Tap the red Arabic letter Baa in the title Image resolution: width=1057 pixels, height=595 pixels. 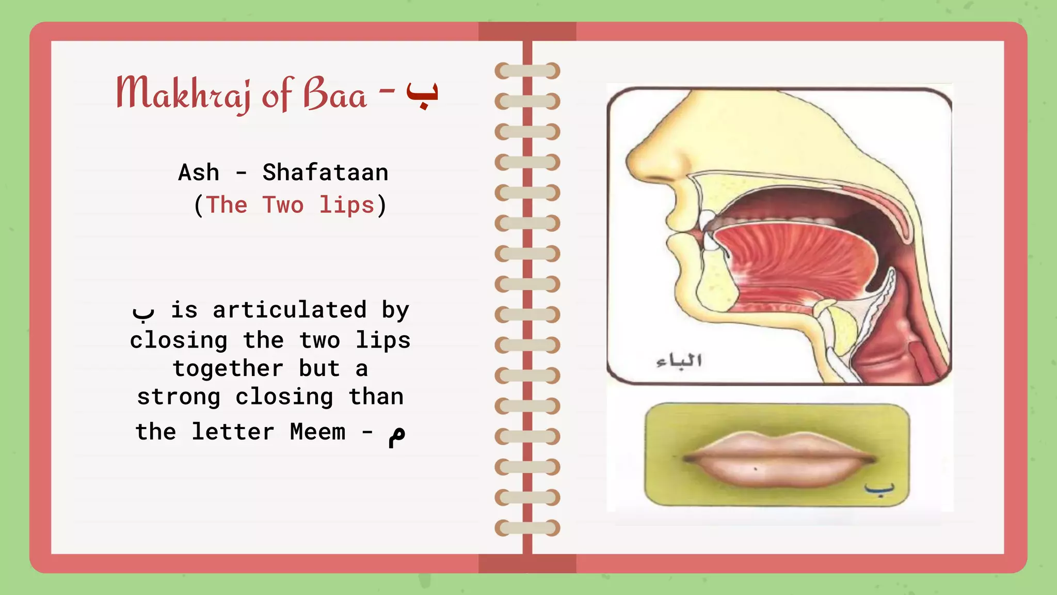click(422, 94)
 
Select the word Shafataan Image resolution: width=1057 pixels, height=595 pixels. click(325, 173)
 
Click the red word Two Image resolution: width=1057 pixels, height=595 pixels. click(283, 205)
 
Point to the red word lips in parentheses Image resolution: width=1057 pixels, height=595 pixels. click(346, 205)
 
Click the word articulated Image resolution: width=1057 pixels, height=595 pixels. click(290, 310)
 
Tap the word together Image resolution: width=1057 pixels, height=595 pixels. click(228, 369)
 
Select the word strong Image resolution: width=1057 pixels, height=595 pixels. click(179, 397)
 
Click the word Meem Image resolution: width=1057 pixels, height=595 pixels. click(317, 432)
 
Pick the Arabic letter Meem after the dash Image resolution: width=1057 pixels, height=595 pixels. click(397, 435)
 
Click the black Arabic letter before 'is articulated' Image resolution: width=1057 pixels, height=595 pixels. click(143, 311)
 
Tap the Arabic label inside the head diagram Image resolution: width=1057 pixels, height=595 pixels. click(679, 361)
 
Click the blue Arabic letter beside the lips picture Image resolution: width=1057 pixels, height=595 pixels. click(879, 489)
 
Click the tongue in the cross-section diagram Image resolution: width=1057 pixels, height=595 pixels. click(795, 258)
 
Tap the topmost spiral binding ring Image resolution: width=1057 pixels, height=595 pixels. click(527, 71)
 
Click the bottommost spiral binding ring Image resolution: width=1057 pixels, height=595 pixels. click(527, 528)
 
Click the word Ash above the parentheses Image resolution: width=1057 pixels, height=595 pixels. click(199, 173)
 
